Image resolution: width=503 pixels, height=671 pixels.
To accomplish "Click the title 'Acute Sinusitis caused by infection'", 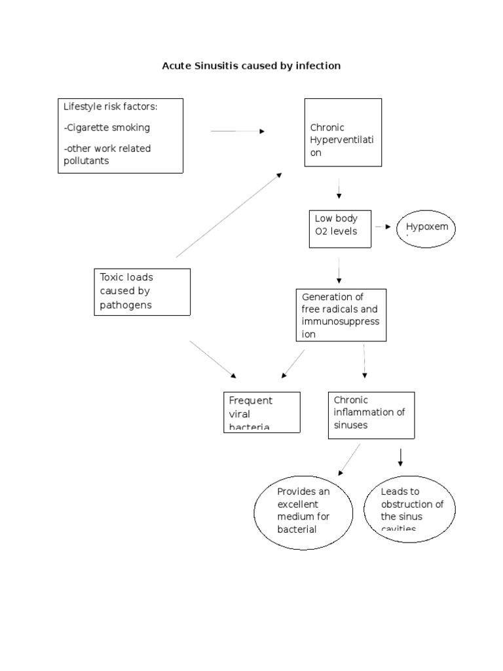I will [251, 66].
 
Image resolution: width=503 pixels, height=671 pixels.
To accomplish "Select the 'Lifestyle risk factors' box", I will [121, 135].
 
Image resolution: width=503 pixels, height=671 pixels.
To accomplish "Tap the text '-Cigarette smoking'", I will [107, 127].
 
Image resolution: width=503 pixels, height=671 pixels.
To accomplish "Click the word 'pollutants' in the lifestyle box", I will [86, 161].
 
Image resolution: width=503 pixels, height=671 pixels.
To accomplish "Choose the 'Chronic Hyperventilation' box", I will [343, 132].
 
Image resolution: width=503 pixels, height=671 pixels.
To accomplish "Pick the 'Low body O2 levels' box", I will [339, 229].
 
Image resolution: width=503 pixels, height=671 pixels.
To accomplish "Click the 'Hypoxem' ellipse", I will [426, 227].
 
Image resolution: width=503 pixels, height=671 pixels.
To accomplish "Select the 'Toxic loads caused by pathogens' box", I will [142, 292].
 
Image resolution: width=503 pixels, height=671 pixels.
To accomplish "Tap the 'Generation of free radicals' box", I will [341, 315].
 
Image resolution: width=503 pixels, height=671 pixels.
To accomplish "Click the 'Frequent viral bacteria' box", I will [262, 412].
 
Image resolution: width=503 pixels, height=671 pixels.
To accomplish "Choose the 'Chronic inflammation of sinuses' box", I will [371, 415].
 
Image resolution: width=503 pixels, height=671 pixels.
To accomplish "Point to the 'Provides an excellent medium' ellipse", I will [304, 512].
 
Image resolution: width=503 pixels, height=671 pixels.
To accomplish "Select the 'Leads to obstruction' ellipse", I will [409, 508].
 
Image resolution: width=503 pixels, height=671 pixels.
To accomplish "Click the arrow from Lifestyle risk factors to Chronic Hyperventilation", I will [237, 131].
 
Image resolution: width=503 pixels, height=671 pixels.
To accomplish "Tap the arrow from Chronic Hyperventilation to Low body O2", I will [339, 189].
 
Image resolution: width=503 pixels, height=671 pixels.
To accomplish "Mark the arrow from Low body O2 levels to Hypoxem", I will [383, 227].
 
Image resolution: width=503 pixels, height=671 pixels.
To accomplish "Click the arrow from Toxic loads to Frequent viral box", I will [213, 359].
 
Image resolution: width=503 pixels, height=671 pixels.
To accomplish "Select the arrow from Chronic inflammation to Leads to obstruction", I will [400, 457].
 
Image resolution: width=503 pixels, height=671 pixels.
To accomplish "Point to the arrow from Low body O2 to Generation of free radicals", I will [339, 270].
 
